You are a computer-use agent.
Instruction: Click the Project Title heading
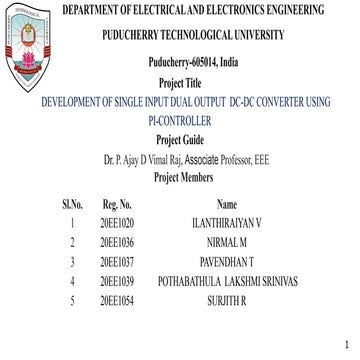tap(180, 86)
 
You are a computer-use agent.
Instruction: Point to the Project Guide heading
tap(180, 141)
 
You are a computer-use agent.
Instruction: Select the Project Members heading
tap(180, 177)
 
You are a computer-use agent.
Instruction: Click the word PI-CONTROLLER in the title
tap(180, 122)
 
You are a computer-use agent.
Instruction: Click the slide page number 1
tap(345, 345)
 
